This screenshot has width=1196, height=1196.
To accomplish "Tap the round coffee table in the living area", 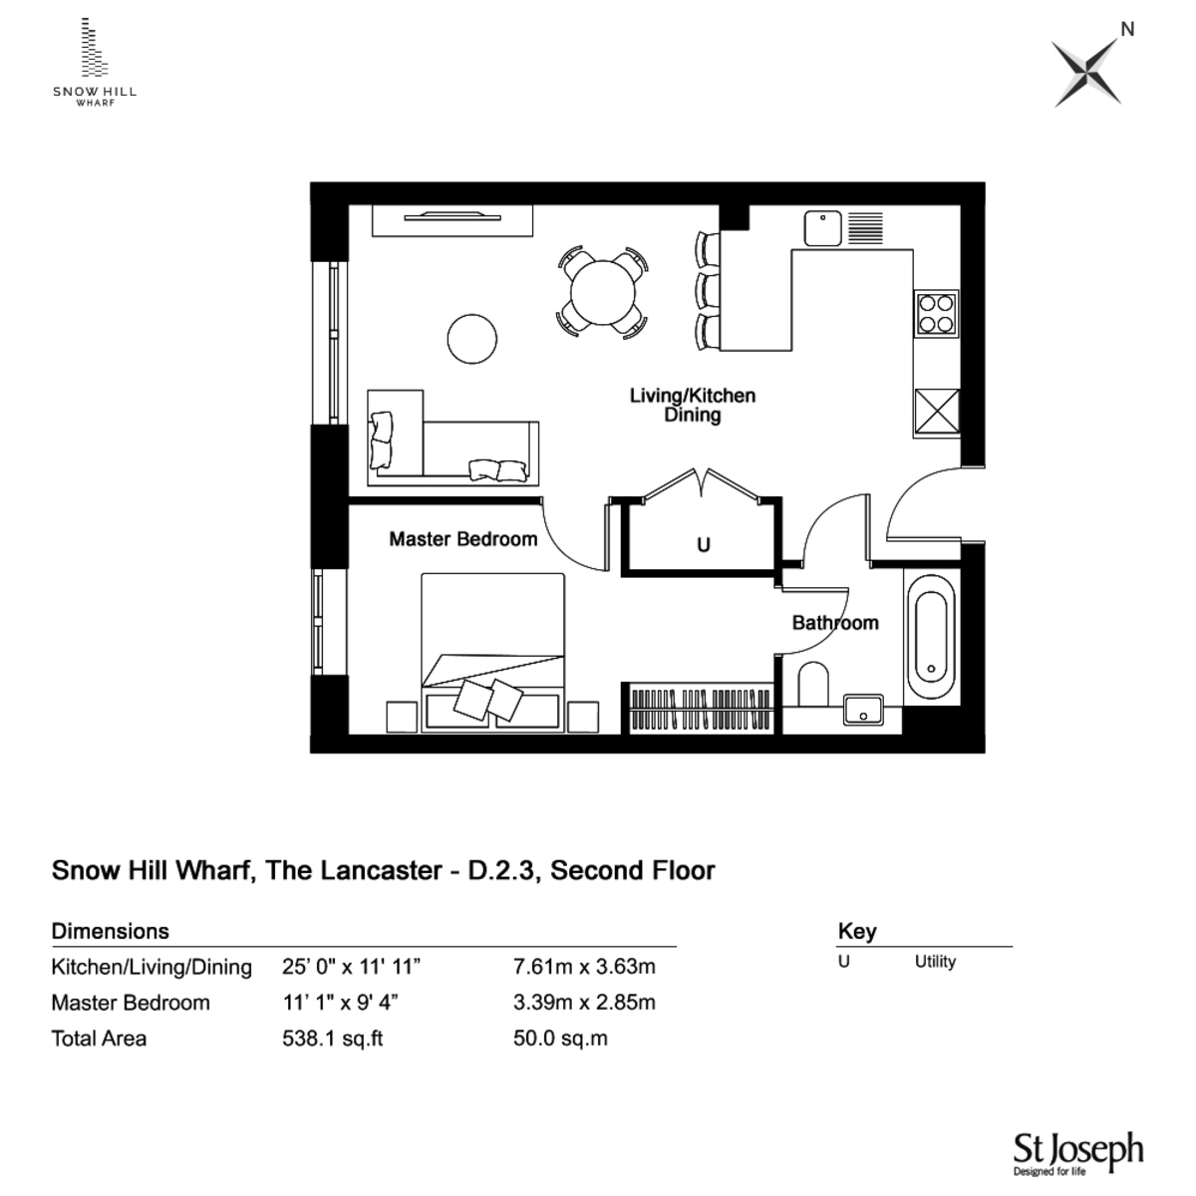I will [x=471, y=339].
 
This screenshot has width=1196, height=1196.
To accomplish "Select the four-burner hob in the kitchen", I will [x=936, y=312].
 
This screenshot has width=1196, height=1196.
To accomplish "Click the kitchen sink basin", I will [x=823, y=228].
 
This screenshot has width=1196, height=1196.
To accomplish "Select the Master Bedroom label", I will [x=462, y=539].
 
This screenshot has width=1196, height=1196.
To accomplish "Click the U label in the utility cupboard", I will [x=704, y=545].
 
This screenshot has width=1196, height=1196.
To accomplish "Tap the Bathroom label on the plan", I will [x=835, y=623].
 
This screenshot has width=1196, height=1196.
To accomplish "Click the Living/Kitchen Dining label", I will [x=693, y=405].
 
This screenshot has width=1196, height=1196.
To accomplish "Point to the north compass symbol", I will [x=1088, y=69].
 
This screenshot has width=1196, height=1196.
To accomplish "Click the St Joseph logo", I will [x=1077, y=1153].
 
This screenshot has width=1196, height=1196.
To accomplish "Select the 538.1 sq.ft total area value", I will [x=333, y=1039].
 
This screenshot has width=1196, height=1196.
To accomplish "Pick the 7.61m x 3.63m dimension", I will [x=583, y=967].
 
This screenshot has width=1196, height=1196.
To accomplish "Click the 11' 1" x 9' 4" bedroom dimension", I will [x=342, y=1003].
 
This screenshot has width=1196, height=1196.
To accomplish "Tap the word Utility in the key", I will [x=935, y=962].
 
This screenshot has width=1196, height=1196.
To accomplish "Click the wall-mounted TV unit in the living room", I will [x=451, y=220].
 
